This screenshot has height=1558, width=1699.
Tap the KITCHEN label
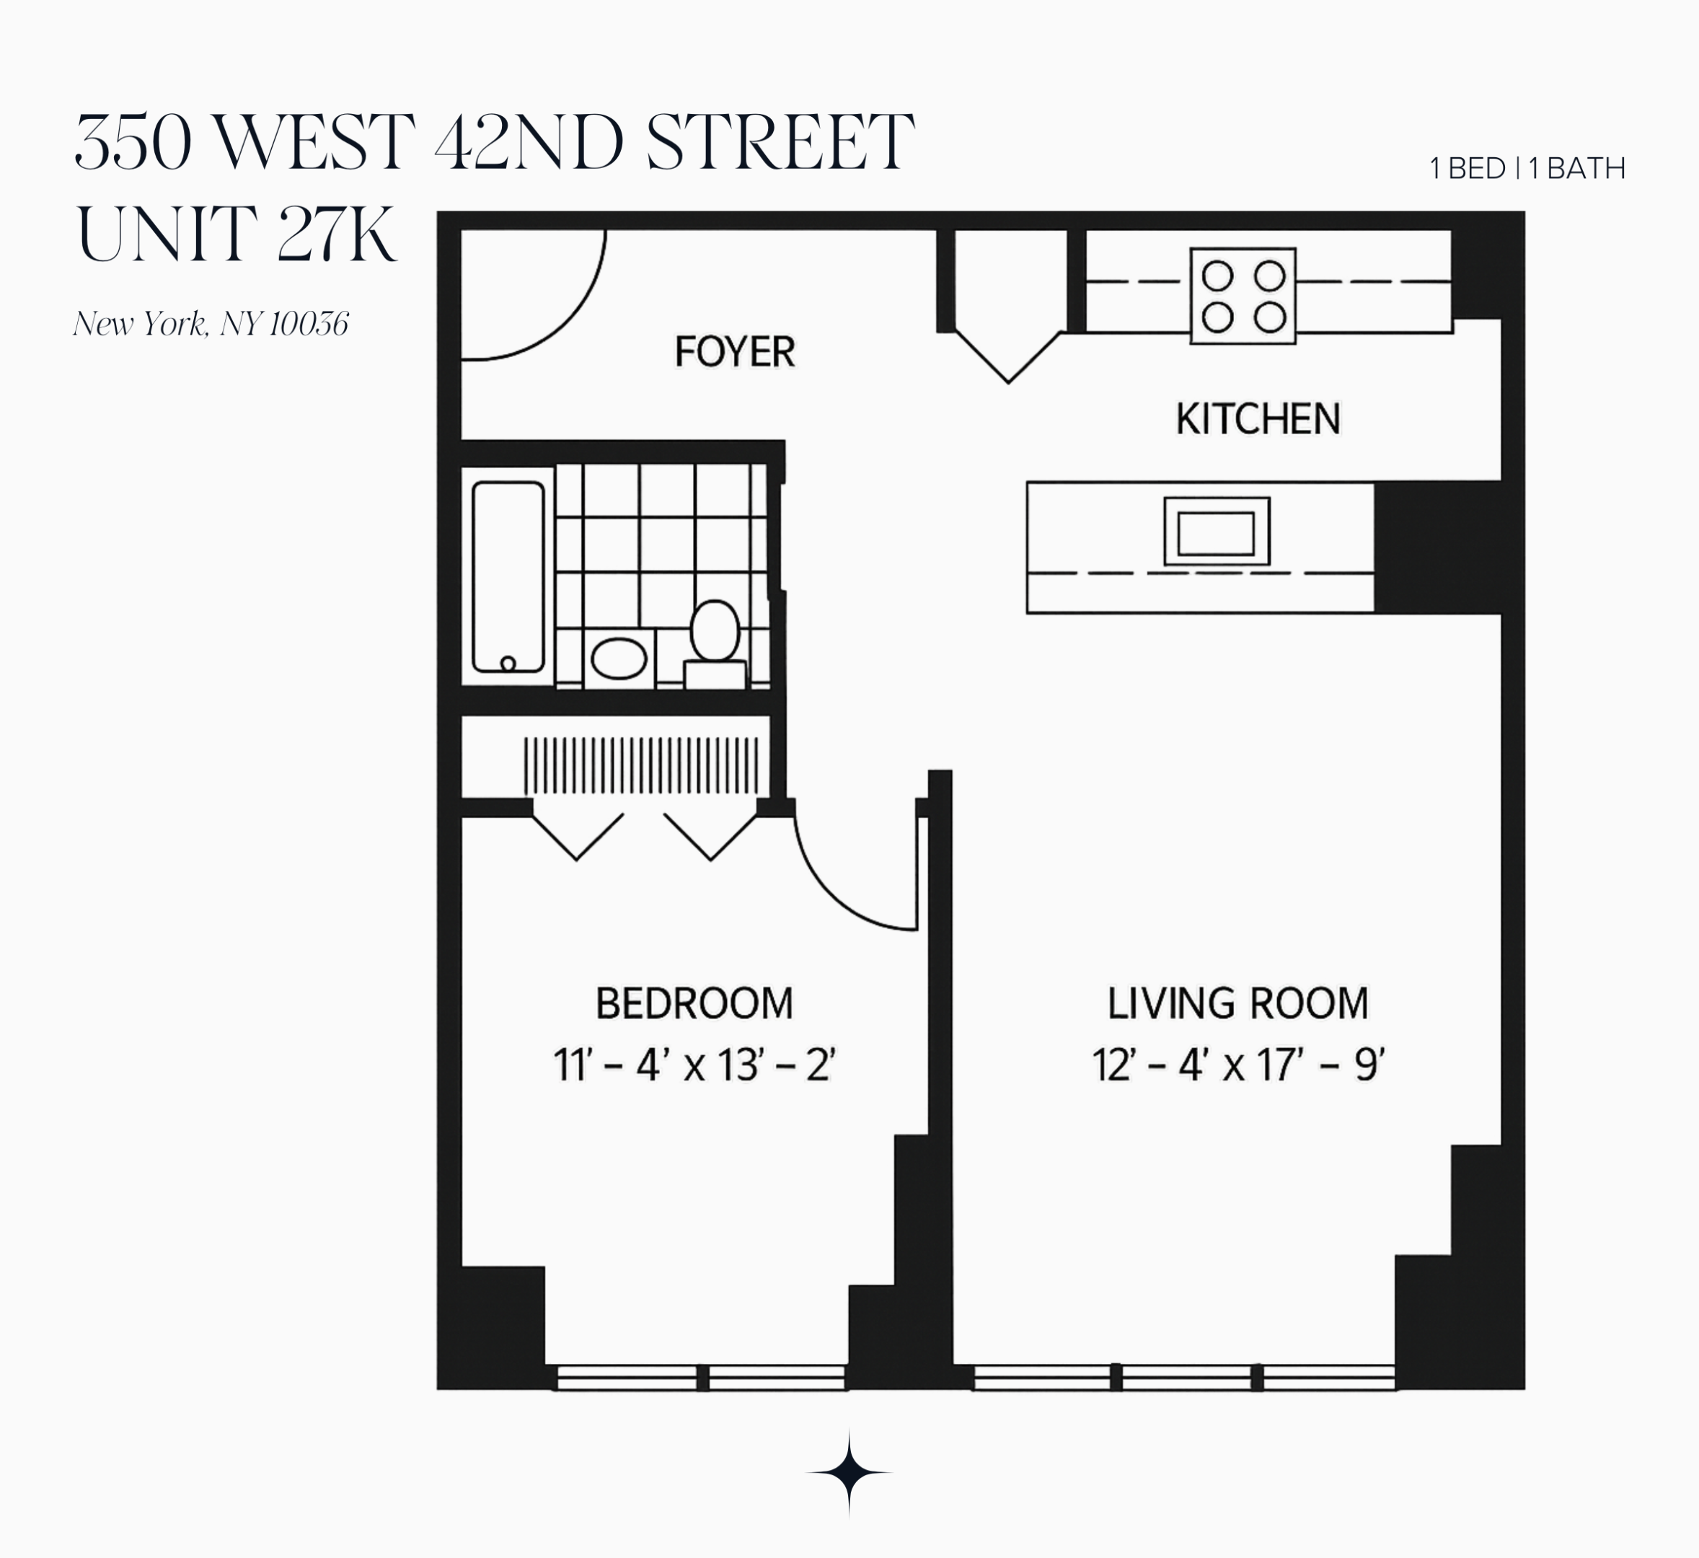[x=1258, y=419]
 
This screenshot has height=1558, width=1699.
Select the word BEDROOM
[x=694, y=1003]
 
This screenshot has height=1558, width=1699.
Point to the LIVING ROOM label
[x=1237, y=1003]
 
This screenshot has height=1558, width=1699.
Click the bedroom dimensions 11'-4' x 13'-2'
[x=694, y=1065]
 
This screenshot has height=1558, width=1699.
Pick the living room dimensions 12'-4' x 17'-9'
[x=1237, y=1065]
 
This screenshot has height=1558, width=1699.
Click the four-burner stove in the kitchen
[x=1243, y=296]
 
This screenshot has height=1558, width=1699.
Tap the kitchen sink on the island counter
[x=1216, y=531]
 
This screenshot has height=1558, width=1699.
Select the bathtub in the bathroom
[x=508, y=576]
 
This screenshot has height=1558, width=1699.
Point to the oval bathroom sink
[x=619, y=659]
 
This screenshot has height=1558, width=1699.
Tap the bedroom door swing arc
[x=843, y=894]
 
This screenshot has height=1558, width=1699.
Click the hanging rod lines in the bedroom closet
[x=640, y=765]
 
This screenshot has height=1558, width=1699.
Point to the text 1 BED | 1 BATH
[x=1527, y=169]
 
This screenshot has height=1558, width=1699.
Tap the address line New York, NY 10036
[x=211, y=324]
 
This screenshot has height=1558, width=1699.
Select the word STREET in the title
[x=780, y=143]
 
